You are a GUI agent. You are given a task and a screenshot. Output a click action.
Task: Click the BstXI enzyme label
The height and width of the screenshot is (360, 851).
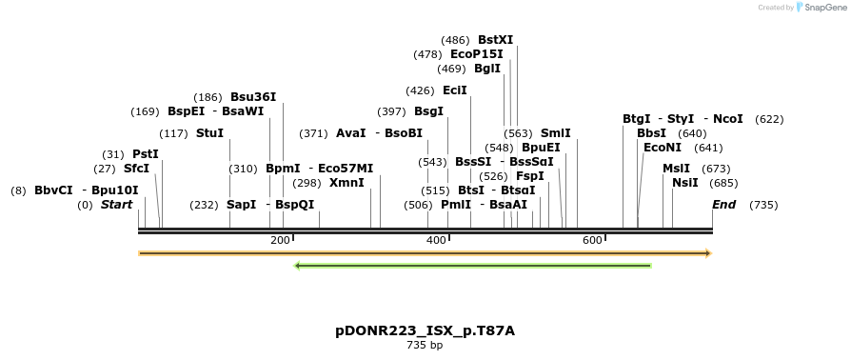(495, 40)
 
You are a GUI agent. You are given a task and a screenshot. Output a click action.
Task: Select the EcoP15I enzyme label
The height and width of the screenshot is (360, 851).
(476, 54)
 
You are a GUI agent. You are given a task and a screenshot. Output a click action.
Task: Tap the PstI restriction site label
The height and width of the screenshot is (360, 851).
(145, 154)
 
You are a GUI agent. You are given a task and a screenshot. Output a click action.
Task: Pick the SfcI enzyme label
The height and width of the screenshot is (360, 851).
(136, 169)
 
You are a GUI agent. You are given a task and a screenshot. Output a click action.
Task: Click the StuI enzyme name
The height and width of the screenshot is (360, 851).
(209, 133)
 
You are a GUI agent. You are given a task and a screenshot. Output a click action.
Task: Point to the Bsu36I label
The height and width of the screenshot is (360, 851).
(253, 97)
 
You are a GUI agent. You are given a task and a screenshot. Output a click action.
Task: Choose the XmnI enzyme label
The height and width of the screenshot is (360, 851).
(346, 183)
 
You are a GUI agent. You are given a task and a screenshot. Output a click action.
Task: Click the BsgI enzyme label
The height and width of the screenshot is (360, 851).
(428, 111)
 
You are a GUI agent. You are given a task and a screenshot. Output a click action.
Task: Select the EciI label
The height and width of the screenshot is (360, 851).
(455, 90)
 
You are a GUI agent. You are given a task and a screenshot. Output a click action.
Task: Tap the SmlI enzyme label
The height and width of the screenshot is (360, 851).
(555, 133)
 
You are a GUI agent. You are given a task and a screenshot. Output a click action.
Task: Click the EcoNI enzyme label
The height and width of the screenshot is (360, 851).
(663, 148)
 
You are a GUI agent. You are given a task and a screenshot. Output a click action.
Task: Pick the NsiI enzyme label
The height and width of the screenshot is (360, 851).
(684, 183)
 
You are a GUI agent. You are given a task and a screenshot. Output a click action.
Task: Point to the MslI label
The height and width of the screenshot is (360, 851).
(676, 169)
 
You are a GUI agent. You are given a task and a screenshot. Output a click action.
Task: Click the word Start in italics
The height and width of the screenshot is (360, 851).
(116, 205)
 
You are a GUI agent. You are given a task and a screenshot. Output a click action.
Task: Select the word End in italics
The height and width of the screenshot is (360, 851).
(724, 205)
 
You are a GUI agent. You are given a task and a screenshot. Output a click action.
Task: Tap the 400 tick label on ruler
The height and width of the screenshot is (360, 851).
(436, 240)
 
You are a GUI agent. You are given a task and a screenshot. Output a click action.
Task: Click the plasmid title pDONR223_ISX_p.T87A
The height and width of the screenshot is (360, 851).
(425, 331)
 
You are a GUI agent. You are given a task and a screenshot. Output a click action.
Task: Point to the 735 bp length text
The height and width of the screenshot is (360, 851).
(425, 345)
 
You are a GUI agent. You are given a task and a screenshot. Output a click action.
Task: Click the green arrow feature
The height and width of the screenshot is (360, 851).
(473, 266)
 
